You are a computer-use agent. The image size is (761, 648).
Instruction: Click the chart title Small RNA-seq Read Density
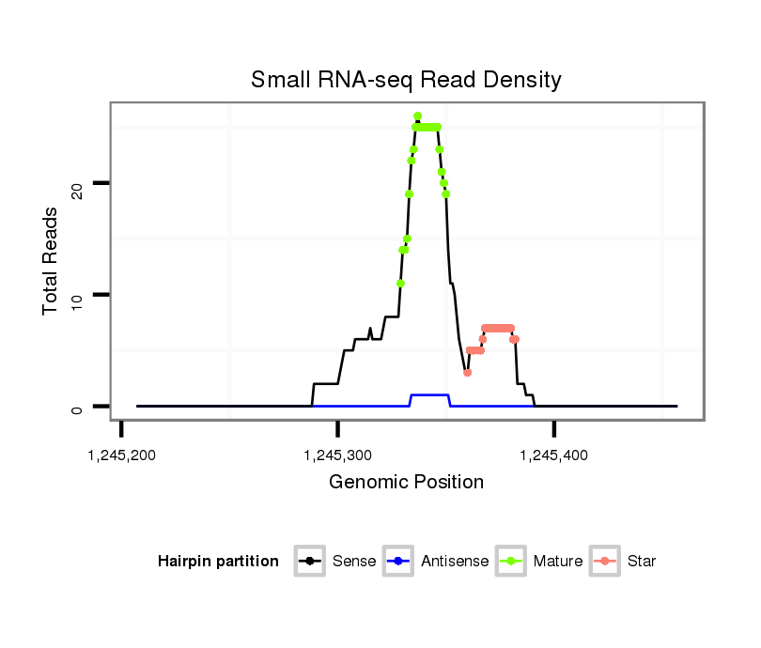tap(406, 80)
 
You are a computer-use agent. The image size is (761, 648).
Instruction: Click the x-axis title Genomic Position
tap(406, 483)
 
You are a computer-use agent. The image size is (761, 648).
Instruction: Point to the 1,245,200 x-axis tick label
tap(120, 455)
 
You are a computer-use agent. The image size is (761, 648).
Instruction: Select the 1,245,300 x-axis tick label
tap(337, 455)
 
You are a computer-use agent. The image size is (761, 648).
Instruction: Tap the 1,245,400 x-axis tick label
tap(553, 455)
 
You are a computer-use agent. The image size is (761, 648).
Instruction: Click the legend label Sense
tap(354, 562)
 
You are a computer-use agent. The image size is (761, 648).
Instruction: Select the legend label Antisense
tap(455, 562)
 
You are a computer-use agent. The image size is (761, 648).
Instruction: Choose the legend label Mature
tap(558, 562)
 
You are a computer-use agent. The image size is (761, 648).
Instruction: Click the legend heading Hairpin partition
tap(218, 562)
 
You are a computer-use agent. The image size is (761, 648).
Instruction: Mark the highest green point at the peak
tap(417, 116)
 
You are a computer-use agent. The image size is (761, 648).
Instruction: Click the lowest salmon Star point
tap(468, 373)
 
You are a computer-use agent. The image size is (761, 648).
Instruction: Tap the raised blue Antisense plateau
tap(430, 395)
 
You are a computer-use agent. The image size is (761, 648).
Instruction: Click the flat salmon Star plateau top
tap(498, 328)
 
